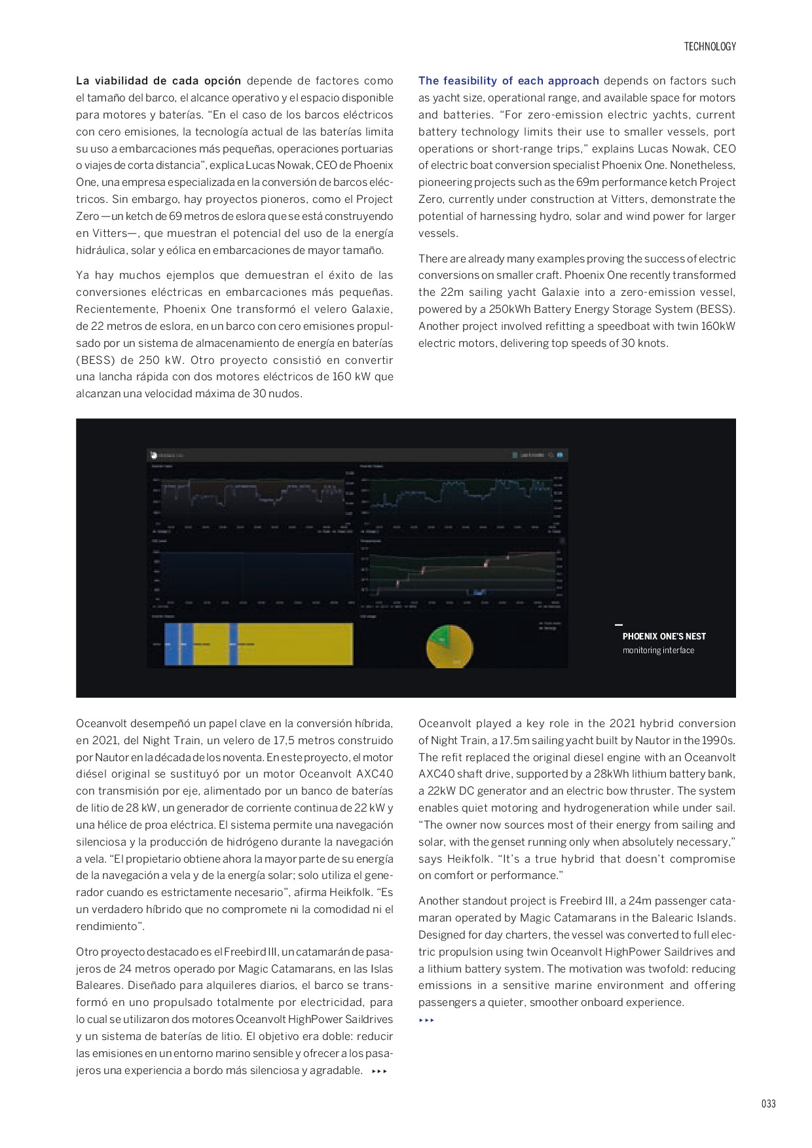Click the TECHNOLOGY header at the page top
pyautogui.click(x=710, y=46)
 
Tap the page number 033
pyautogui.click(x=768, y=1103)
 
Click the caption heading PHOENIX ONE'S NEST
pyautogui.click(x=664, y=636)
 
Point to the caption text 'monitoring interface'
pyautogui.click(x=658, y=651)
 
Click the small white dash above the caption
pyautogui.click(x=619, y=625)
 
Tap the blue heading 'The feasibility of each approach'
pyautogui.click(x=508, y=81)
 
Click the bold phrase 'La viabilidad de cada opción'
pyautogui.click(x=158, y=81)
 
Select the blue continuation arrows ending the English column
pyautogui.click(x=426, y=1020)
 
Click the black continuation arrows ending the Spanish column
pyautogui.click(x=379, y=1071)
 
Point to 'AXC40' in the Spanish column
pyautogui.click(x=375, y=774)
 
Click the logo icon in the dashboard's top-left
pyautogui.click(x=154, y=455)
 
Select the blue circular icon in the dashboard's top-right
pyautogui.click(x=560, y=455)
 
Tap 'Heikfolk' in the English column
pyautogui.click(x=470, y=859)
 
